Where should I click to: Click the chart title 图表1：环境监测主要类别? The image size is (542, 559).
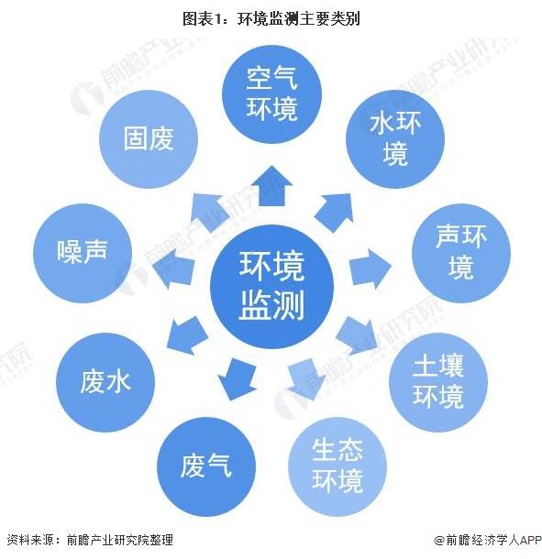point(271,18)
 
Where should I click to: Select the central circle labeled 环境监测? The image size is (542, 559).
point(271,286)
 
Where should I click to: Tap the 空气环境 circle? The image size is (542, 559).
point(271,94)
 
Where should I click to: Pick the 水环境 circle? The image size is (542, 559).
point(395,139)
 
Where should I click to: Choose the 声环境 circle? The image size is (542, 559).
point(461,253)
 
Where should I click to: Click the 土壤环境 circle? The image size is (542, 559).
point(438,382)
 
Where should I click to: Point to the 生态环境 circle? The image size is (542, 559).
point(337,466)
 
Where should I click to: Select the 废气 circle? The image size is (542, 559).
point(206,466)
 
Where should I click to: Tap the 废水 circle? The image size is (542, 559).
point(105,382)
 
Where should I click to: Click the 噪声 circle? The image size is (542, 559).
point(83,253)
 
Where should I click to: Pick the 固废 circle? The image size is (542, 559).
point(149,139)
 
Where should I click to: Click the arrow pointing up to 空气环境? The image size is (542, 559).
point(271,186)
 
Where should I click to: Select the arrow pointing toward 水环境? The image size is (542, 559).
point(335,213)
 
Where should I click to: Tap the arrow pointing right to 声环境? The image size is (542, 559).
point(370,269)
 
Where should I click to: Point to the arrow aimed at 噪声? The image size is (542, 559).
point(173,269)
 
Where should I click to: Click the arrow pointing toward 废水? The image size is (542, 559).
point(186,335)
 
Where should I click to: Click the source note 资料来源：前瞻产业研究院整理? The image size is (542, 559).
point(90,540)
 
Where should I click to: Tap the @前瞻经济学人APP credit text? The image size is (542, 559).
point(488,541)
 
